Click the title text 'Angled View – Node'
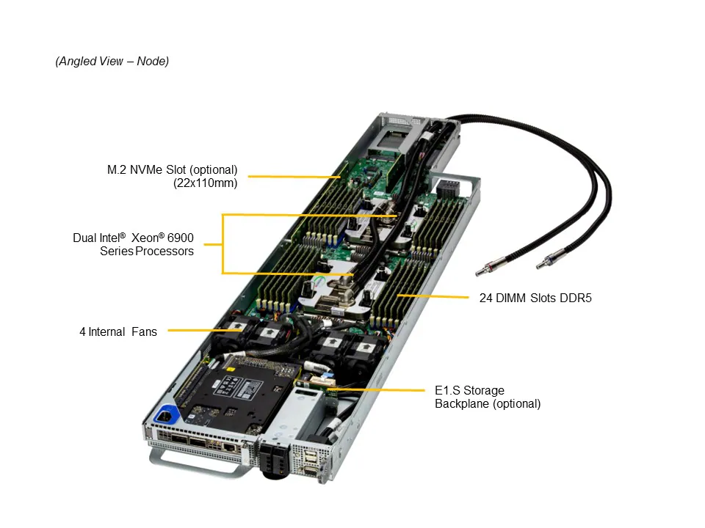[112, 62]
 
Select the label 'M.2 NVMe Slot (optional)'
[173, 170]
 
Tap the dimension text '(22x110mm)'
[206, 183]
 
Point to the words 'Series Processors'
[147, 252]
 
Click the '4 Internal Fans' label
[118, 331]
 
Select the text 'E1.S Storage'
[469, 390]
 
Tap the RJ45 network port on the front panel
[229, 446]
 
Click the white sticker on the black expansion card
[229, 384]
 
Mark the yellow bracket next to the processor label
[223, 243]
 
